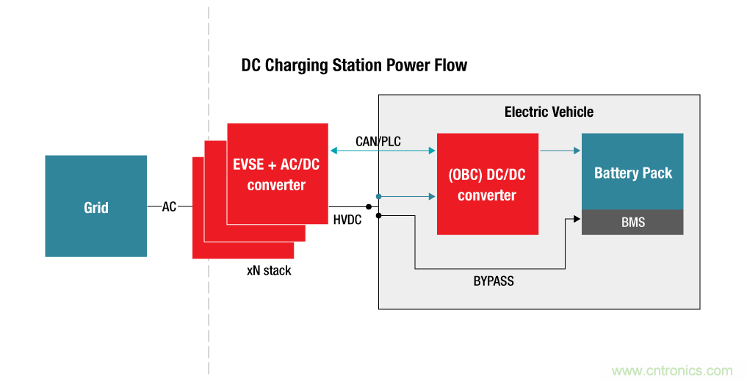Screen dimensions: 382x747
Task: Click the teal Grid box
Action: click(x=95, y=206)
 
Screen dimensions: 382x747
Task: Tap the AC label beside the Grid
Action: click(x=169, y=207)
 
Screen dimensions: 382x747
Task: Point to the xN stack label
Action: click(x=269, y=270)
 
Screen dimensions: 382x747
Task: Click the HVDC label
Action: click(x=347, y=220)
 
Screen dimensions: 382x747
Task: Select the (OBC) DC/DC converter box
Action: click(x=487, y=184)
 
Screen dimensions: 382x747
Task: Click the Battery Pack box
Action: click(x=632, y=172)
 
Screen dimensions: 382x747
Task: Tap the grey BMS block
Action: click(x=632, y=222)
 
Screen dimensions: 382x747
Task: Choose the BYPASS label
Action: click(x=494, y=281)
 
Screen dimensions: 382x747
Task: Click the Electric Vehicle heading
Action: click(x=549, y=112)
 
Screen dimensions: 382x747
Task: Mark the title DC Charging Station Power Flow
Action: click(x=354, y=65)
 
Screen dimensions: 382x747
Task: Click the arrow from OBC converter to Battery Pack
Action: click(x=560, y=151)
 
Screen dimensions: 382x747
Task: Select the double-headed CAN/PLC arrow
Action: click(x=383, y=151)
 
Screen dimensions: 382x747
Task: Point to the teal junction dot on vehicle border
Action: click(x=378, y=196)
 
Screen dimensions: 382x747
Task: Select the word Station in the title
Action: click(x=348, y=65)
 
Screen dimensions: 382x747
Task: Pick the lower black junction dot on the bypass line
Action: click(x=379, y=215)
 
